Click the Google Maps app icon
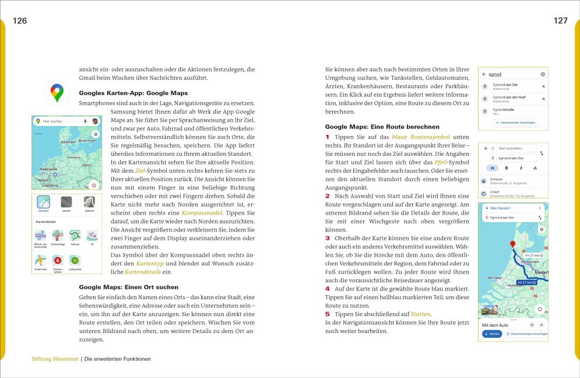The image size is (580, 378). tap(57, 93)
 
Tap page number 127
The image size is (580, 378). tap(560, 21)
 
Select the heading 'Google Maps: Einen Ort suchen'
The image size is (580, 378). tap(128, 287)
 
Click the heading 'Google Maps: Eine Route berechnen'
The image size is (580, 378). tap(382, 127)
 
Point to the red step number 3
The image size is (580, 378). tap(328, 238)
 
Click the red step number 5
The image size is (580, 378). tap(328, 314)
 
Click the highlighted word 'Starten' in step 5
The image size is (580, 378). tap(421, 314)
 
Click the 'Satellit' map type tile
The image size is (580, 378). tap(66, 204)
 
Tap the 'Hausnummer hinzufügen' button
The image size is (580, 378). tap(515, 123)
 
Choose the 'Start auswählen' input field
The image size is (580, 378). tap(516, 149)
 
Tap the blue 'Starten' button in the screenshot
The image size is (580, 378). tap(492, 334)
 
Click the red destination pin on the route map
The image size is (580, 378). tap(513, 245)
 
